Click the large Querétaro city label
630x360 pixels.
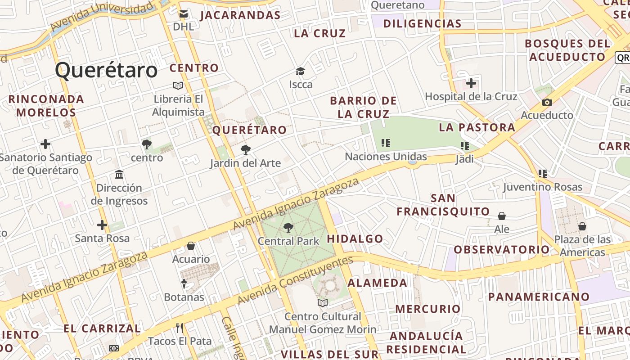[x=107, y=71]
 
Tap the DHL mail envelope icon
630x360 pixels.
[x=183, y=14]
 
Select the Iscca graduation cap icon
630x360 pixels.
[x=300, y=71]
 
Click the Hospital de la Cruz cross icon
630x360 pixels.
[x=471, y=83]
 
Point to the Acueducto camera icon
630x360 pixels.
[x=547, y=102]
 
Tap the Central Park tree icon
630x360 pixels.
[x=288, y=228]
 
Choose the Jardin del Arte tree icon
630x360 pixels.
[x=245, y=150]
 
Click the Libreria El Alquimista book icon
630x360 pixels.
[x=178, y=85]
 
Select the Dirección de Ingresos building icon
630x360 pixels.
[x=119, y=174]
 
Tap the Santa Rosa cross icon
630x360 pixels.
[x=102, y=225]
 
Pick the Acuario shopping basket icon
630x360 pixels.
[x=191, y=246]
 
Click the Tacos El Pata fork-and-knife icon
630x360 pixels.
[x=180, y=328]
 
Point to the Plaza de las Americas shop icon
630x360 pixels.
[x=582, y=226]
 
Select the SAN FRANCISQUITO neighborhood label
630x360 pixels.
[x=443, y=205]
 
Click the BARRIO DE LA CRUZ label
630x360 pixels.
[x=363, y=107]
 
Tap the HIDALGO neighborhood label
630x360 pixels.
[x=355, y=239]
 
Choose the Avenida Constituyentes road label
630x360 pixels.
[x=295, y=280]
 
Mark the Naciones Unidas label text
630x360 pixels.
[x=386, y=157]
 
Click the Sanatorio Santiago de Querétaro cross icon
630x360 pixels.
[x=45, y=144]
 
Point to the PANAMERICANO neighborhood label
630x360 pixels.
[x=539, y=297]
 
